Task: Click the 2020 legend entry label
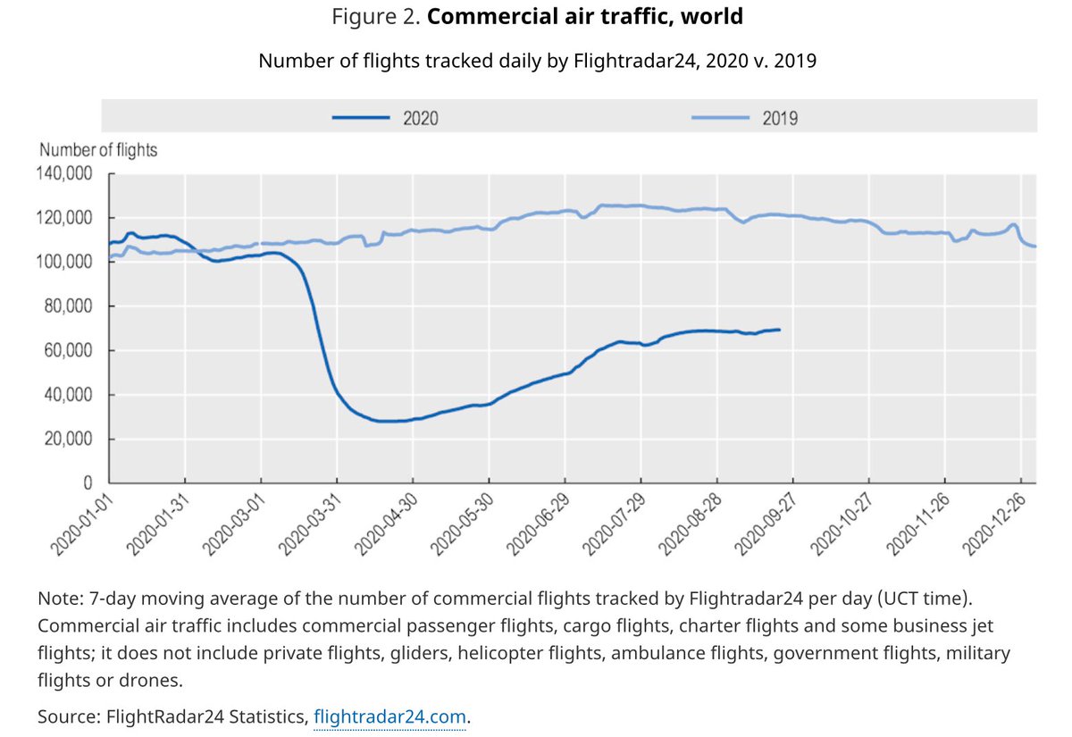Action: (420, 117)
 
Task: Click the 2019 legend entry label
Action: (780, 117)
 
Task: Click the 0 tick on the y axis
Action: (88, 483)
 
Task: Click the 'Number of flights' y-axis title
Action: (98, 150)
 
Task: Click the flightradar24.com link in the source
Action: (390, 716)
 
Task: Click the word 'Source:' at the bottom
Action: (69, 716)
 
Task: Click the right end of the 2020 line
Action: (780, 330)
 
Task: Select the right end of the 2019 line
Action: (1034, 246)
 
